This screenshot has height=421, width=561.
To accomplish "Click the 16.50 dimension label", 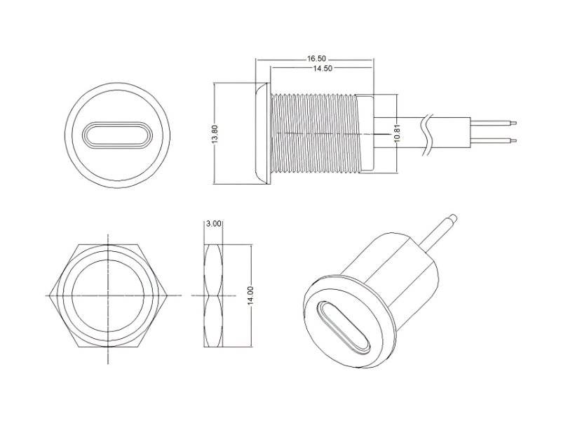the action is click(316, 58).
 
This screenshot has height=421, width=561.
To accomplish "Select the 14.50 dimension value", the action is click(323, 68).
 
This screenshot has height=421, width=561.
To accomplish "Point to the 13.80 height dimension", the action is click(215, 134).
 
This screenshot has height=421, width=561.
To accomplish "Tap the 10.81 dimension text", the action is click(397, 133).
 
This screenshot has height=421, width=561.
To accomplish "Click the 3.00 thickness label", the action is click(214, 224).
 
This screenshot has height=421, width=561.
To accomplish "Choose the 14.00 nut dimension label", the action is click(251, 295).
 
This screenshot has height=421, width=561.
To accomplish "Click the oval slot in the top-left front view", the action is click(118, 135).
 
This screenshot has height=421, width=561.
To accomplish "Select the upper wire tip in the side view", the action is click(514, 123).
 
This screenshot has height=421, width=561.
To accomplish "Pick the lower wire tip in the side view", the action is click(514, 140).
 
